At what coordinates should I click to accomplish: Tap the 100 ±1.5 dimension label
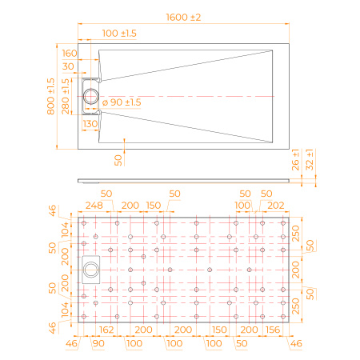click(120, 33)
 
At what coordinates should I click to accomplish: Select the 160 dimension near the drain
click(70, 54)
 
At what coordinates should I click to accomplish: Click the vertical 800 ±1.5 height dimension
click(51, 97)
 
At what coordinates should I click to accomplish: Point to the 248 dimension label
click(94, 206)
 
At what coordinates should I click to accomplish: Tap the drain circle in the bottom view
click(90, 270)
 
